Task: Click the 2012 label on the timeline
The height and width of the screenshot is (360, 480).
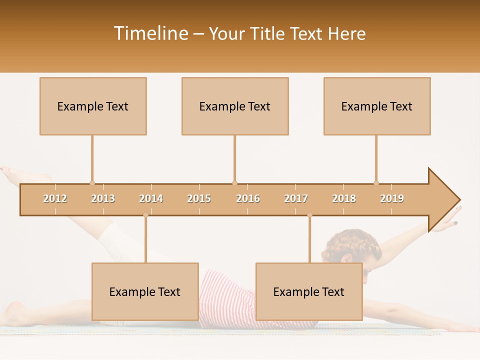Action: [55, 198]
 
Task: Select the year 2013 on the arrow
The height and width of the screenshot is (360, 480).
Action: [103, 198]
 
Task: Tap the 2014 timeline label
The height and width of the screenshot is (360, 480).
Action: [151, 198]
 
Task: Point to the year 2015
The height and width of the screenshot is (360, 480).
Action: [199, 198]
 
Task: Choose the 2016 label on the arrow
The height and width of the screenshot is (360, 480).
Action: [248, 198]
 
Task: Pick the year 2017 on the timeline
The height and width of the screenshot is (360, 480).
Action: [296, 198]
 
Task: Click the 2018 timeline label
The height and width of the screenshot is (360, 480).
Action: [344, 198]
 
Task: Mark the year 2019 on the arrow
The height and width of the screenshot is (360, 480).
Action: [392, 198]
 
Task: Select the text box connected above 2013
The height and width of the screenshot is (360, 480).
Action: [93, 106]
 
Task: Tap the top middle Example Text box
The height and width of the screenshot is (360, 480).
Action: [235, 106]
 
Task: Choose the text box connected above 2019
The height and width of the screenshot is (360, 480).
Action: [377, 106]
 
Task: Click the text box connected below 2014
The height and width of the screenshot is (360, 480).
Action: [145, 291]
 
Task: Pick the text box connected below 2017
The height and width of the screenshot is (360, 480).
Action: [309, 291]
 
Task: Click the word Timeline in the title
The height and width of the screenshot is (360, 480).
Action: [150, 33]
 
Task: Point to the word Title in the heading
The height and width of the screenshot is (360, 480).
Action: [268, 33]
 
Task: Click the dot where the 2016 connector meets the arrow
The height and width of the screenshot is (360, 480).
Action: [234, 183]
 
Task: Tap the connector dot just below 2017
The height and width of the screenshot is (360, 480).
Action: [309, 215]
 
